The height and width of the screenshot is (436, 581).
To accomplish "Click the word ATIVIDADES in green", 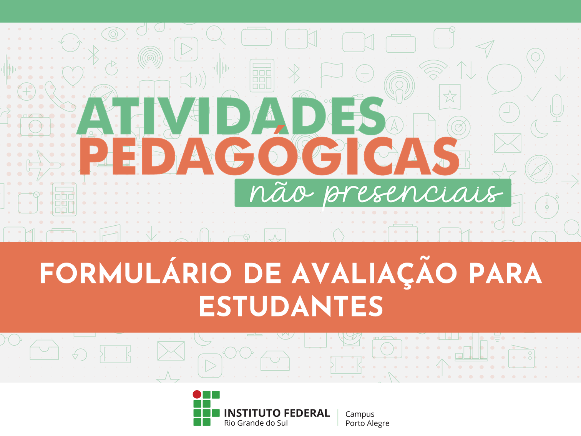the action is tap(231, 116).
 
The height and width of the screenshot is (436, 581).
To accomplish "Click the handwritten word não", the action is tap(281, 193).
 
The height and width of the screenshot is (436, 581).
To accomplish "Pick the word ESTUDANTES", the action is tap(291, 306).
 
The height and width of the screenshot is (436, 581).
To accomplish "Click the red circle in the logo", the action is tap(197, 394).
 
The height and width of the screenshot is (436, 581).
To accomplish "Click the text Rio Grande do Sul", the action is tap(256, 423).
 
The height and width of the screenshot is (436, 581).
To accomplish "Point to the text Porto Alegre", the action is tap(367, 423).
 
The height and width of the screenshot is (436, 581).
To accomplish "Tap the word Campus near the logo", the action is tap(360, 414).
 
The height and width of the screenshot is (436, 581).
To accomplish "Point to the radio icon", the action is tap(521, 356).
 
